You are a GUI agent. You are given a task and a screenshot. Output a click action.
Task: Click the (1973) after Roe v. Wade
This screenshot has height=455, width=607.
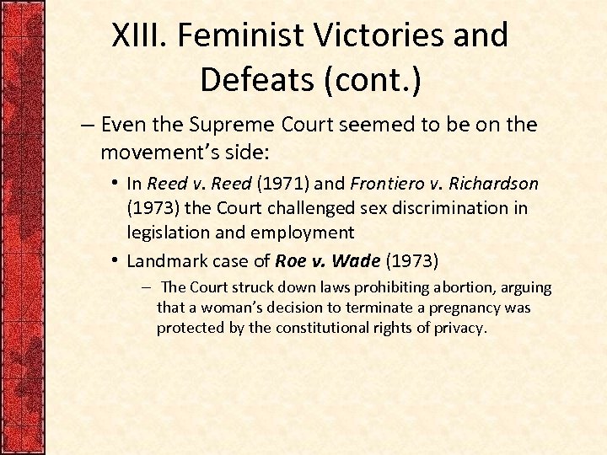coord(412,260)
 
